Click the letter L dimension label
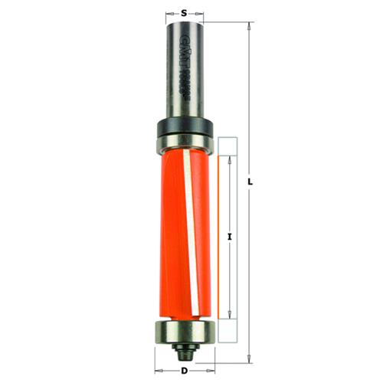251,182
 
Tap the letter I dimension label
230,237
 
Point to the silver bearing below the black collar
185,140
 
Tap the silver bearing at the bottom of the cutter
185,331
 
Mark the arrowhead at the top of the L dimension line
248,25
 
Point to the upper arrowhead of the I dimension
231,158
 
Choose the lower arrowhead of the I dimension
231,315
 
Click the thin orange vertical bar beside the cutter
224,237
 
